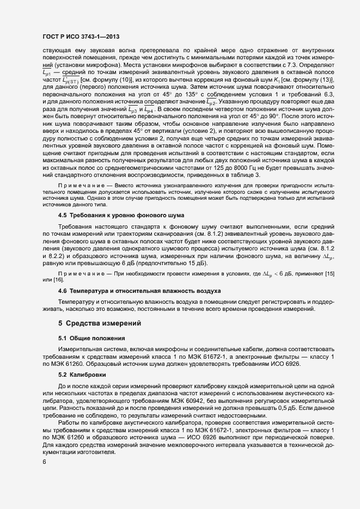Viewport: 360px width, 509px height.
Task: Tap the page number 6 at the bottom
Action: click(44, 462)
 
